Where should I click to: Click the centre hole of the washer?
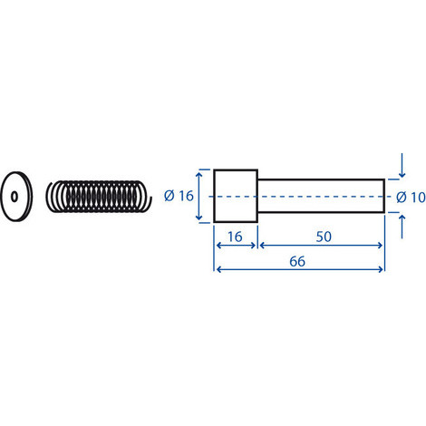coord(16,195)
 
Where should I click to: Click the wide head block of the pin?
coord(236,197)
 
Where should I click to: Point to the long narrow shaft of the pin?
coord(322,197)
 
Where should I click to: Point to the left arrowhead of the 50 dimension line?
coord(263,245)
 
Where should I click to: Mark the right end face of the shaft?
coord(384,197)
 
